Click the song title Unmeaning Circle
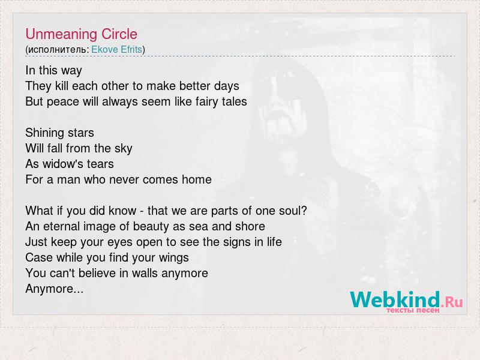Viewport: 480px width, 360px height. click(81, 34)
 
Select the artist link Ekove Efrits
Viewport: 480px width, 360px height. click(116, 49)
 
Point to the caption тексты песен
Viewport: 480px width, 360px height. click(413, 310)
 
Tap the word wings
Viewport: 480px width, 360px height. click(173, 258)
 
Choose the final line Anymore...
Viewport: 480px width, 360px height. click(54, 289)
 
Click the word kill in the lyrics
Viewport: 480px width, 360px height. click(62, 86)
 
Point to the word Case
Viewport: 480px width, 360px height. click(39, 257)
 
